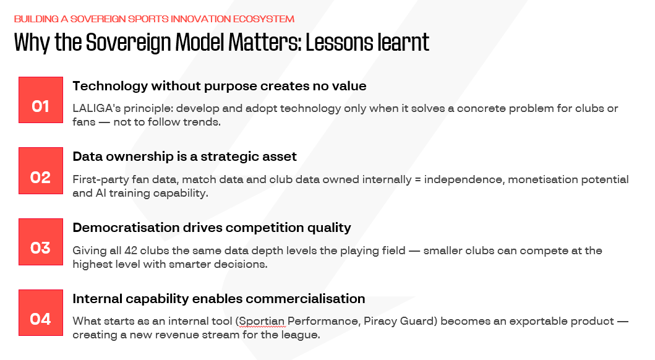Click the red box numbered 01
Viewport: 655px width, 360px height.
point(41,100)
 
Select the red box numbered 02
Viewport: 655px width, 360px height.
point(41,171)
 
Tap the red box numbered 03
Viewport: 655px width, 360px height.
point(41,242)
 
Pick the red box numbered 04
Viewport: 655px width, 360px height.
point(41,313)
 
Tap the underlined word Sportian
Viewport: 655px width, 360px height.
point(262,321)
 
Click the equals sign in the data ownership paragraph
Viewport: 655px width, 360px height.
point(417,179)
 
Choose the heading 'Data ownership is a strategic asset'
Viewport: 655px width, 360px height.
point(185,156)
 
